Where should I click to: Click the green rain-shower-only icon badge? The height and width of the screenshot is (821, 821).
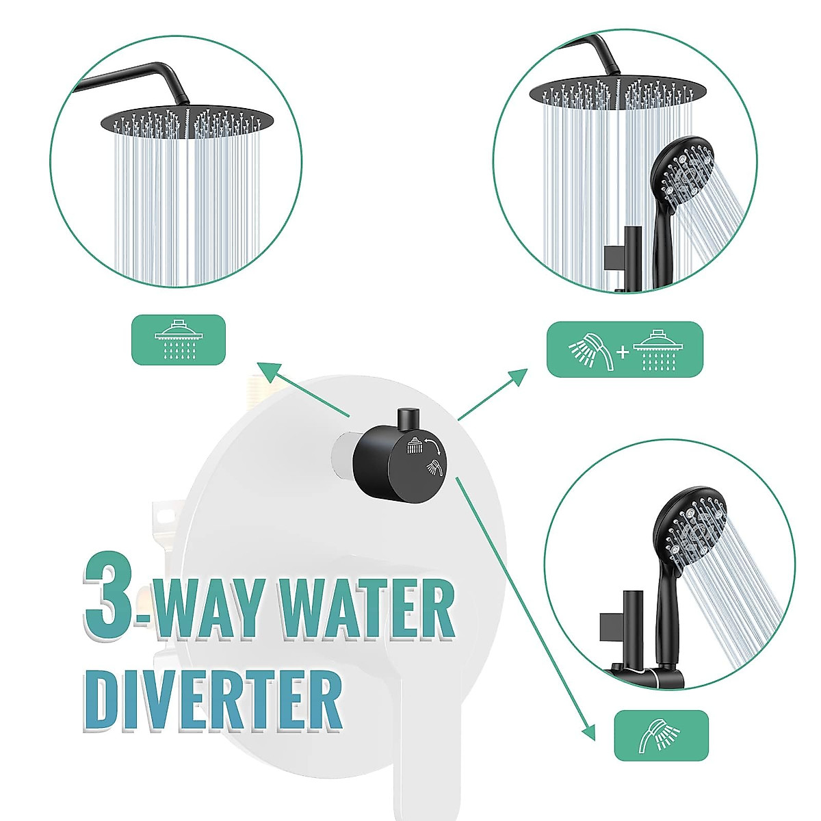pos(178,339)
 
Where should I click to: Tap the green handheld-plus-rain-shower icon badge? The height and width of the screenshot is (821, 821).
pos(624,349)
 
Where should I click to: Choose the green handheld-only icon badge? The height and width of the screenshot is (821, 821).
pos(660,735)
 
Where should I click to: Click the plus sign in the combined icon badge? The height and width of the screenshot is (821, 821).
pos(622,352)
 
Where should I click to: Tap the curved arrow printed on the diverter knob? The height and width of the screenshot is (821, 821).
pos(431,446)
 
